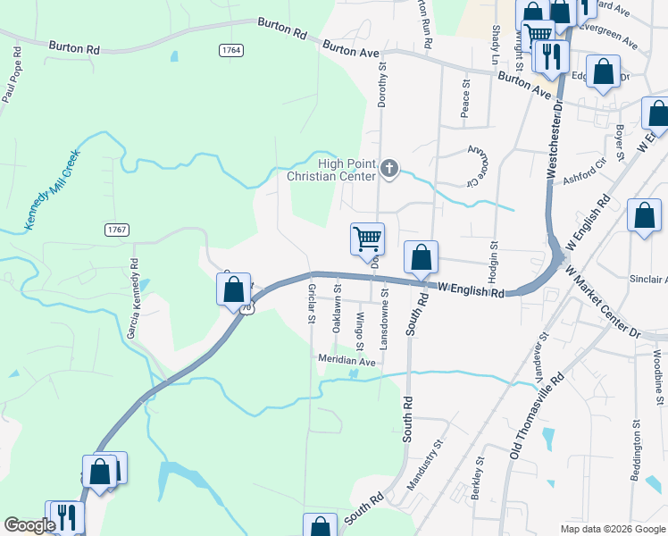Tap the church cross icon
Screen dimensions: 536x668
(x=388, y=168)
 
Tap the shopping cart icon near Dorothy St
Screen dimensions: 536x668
(x=367, y=239)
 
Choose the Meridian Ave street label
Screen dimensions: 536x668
(x=346, y=361)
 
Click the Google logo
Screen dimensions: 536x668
(x=29, y=525)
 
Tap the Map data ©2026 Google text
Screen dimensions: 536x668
(x=612, y=529)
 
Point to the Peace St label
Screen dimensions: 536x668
(x=465, y=99)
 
